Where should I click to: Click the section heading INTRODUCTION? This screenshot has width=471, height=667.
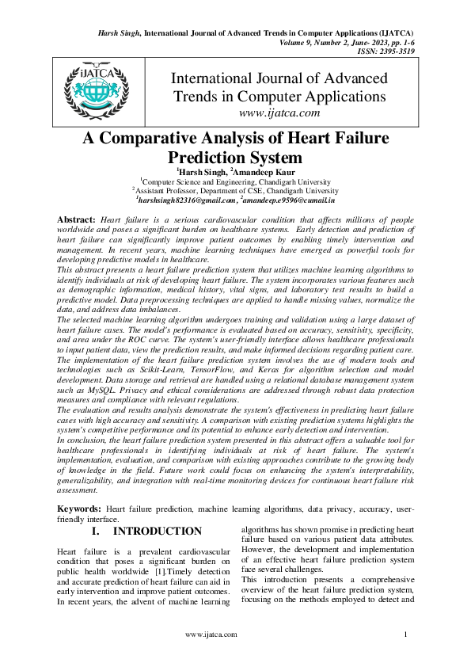pos(158,531)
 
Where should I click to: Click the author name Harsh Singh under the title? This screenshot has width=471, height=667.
pos(202,171)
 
